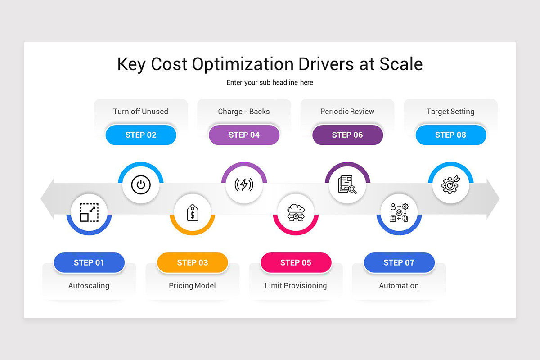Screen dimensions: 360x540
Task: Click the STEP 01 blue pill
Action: [89, 263]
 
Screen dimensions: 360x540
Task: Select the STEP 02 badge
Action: [141, 135]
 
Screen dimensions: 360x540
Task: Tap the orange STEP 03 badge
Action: [193, 263]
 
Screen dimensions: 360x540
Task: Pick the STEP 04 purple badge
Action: [244, 135]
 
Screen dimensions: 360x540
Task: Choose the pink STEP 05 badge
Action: [296, 263]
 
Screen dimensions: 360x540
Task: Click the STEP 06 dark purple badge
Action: [347, 135]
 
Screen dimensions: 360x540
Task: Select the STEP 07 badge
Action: [399, 263]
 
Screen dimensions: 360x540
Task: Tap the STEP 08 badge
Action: [450, 135]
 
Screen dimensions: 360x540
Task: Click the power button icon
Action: [141, 185]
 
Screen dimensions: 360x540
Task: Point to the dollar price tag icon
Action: [193, 212]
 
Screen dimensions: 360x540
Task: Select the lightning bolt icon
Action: [244, 184]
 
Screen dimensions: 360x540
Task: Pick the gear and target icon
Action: [450, 184]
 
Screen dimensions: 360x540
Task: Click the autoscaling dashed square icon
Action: [89, 212]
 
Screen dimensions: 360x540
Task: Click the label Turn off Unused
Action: [140, 112]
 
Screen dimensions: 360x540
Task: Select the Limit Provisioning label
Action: [296, 286]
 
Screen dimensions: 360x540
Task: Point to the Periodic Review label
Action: [347, 112]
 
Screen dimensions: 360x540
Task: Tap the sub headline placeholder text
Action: [270, 83]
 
